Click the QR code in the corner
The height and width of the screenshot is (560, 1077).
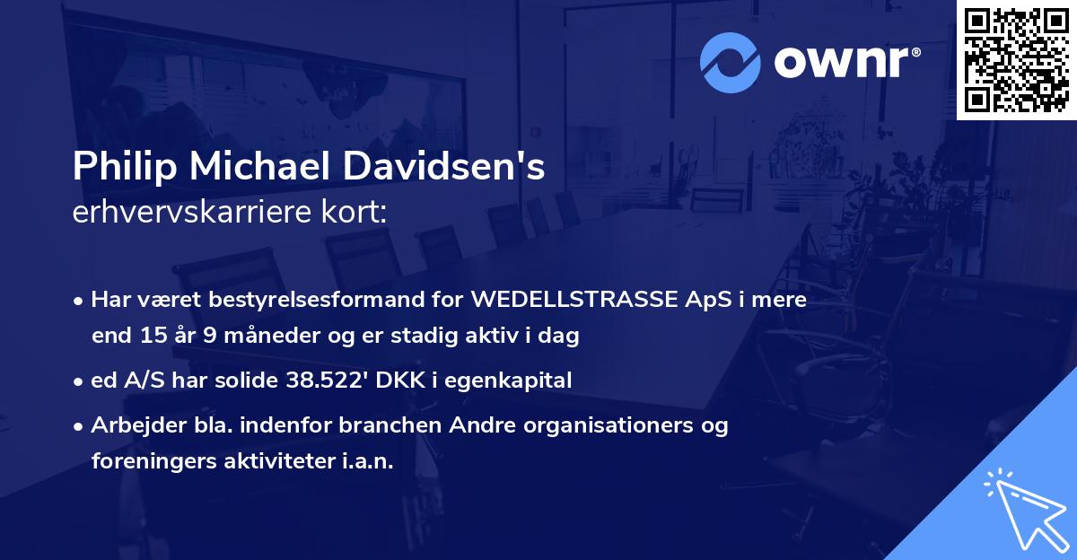(1016, 60)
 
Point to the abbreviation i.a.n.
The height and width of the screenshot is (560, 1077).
(366, 461)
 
